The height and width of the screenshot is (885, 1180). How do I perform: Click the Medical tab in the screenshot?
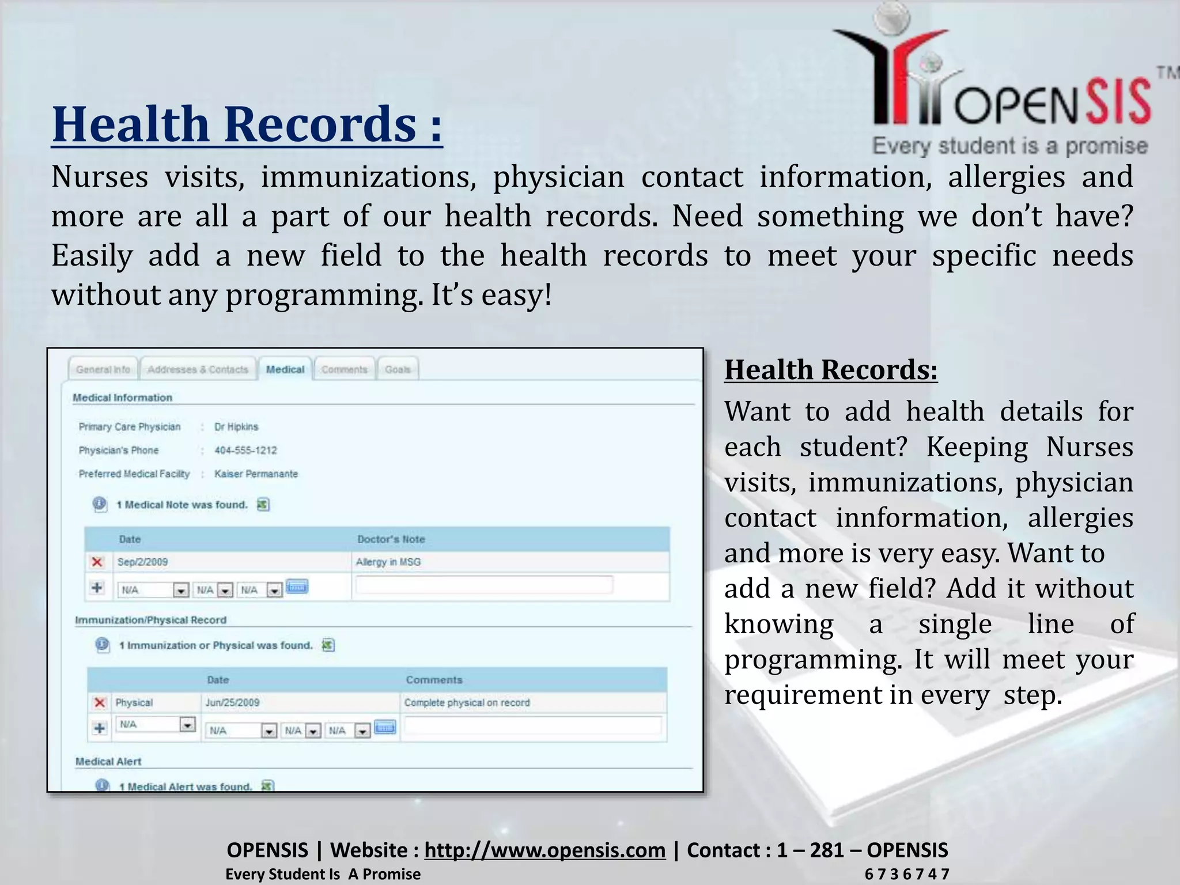pyautogui.click(x=285, y=369)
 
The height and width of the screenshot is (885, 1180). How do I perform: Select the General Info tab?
pyautogui.click(x=103, y=369)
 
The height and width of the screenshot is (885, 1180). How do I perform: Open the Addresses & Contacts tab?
pyautogui.click(x=198, y=369)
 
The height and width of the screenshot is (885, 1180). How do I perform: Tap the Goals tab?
pyautogui.click(x=398, y=369)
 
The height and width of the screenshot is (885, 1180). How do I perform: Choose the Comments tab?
pyautogui.click(x=344, y=369)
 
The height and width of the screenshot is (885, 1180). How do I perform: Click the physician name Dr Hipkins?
pyautogui.click(x=236, y=427)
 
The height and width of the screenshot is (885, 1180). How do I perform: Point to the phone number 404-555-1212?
pyautogui.click(x=245, y=451)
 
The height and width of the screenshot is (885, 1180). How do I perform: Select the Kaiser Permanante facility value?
pyautogui.click(x=256, y=474)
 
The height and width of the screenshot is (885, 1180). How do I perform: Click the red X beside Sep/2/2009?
pyautogui.click(x=97, y=562)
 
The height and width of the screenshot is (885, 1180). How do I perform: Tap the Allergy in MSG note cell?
pyautogui.click(x=388, y=562)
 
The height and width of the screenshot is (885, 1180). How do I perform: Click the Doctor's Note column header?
pyautogui.click(x=391, y=539)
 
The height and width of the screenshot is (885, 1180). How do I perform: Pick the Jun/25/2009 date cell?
pyautogui.click(x=233, y=703)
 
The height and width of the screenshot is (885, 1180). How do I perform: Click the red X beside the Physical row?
pyautogui.click(x=100, y=703)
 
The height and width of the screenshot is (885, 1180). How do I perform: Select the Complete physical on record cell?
pyautogui.click(x=467, y=703)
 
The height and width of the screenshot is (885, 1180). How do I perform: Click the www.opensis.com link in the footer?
pyautogui.click(x=544, y=850)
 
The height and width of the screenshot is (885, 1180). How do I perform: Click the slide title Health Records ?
pyautogui.click(x=247, y=124)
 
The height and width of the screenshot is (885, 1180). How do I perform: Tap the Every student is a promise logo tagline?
pyautogui.click(x=1009, y=146)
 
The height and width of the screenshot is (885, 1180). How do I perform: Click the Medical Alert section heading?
pyautogui.click(x=108, y=762)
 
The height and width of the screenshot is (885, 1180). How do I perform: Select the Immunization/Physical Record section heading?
pyautogui.click(x=151, y=621)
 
